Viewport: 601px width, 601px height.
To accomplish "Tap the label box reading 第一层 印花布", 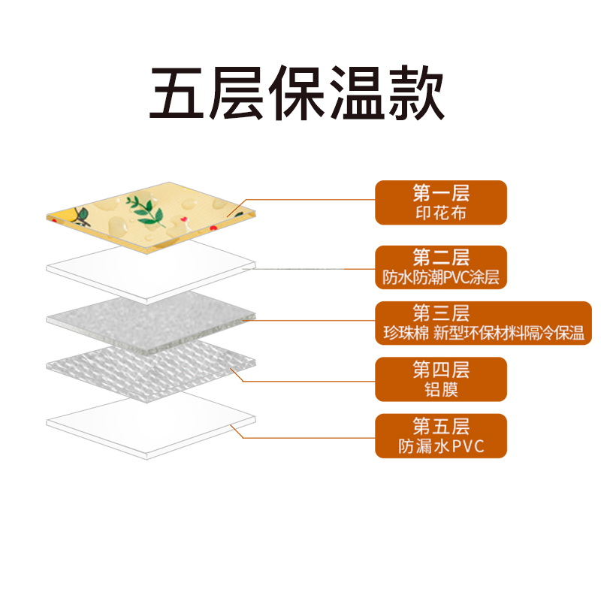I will pyautogui.click(x=441, y=202).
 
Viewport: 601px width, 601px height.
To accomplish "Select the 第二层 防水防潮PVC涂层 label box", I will pyautogui.click(x=441, y=267).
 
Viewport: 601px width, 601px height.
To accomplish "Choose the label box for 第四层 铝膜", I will pyautogui.click(x=441, y=379).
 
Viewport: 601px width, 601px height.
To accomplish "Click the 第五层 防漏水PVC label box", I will pyautogui.click(x=441, y=436).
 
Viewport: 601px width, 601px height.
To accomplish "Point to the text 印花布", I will pyautogui.click(x=441, y=213).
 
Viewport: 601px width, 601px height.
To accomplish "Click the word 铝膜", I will pyautogui.click(x=441, y=390).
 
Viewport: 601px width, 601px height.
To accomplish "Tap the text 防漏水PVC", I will pyautogui.click(x=441, y=447).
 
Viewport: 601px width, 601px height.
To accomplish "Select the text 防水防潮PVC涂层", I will pyautogui.click(x=441, y=279).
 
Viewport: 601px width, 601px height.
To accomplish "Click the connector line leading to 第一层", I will pyautogui.click(x=316, y=200).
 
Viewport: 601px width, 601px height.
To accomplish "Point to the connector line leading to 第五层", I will pyautogui.click(x=316, y=436).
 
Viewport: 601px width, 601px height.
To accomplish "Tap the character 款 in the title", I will pyautogui.click(x=417, y=94).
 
